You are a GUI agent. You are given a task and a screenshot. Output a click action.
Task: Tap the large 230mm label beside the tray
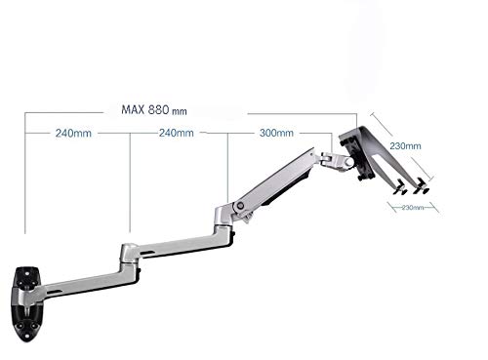point(406,146)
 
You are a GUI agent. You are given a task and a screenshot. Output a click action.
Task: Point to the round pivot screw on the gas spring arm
point(239,206)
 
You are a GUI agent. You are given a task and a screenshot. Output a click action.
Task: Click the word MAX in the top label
point(133,109)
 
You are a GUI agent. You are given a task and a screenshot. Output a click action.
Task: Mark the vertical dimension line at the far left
point(26,176)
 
